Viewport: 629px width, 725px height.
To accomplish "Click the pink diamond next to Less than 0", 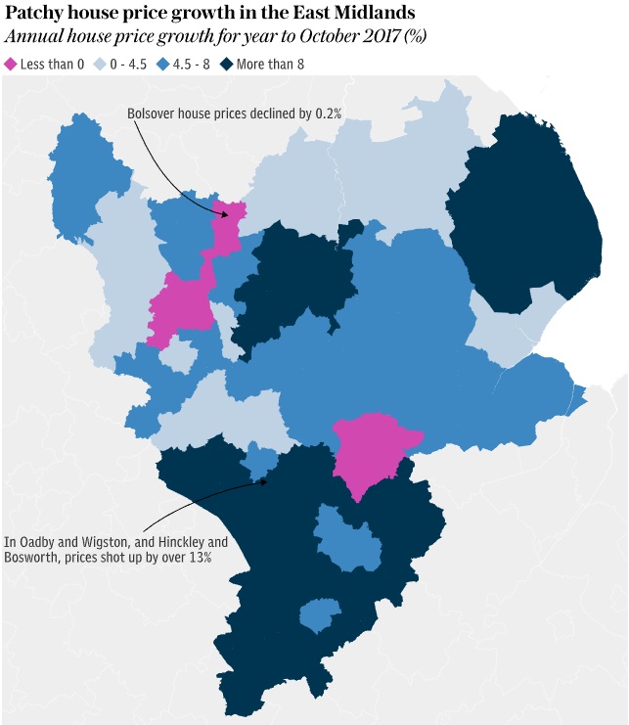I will (x=11, y=64).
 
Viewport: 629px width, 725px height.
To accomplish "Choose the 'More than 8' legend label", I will (x=270, y=64).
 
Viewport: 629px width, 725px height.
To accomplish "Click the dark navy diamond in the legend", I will (x=227, y=64).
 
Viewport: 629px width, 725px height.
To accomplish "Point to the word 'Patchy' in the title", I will (x=36, y=14).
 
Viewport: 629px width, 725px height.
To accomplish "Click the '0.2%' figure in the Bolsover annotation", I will (x=329, y=113).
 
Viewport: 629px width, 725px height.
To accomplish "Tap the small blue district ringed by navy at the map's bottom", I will (x=319, y=616).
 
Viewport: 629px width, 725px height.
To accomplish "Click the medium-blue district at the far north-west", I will (x=88, y=176).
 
